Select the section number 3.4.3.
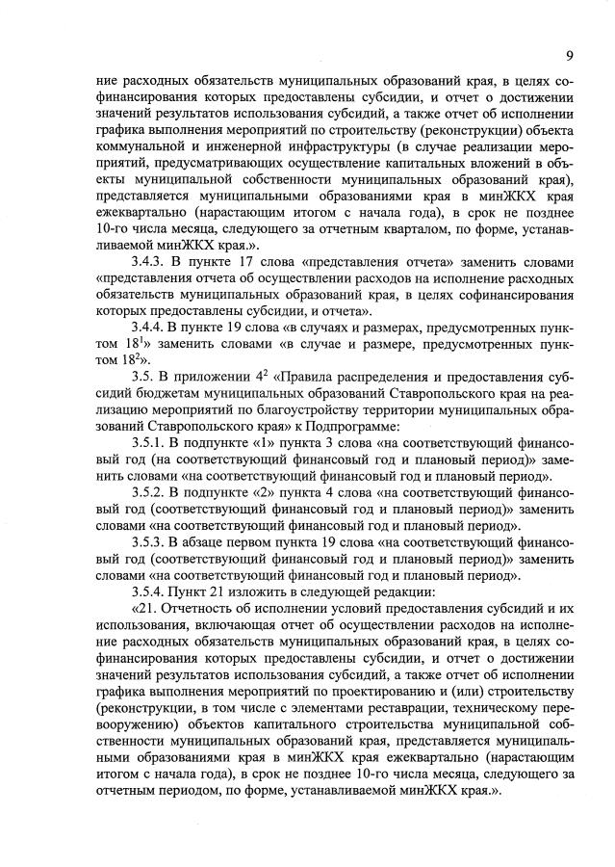point(150,261)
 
